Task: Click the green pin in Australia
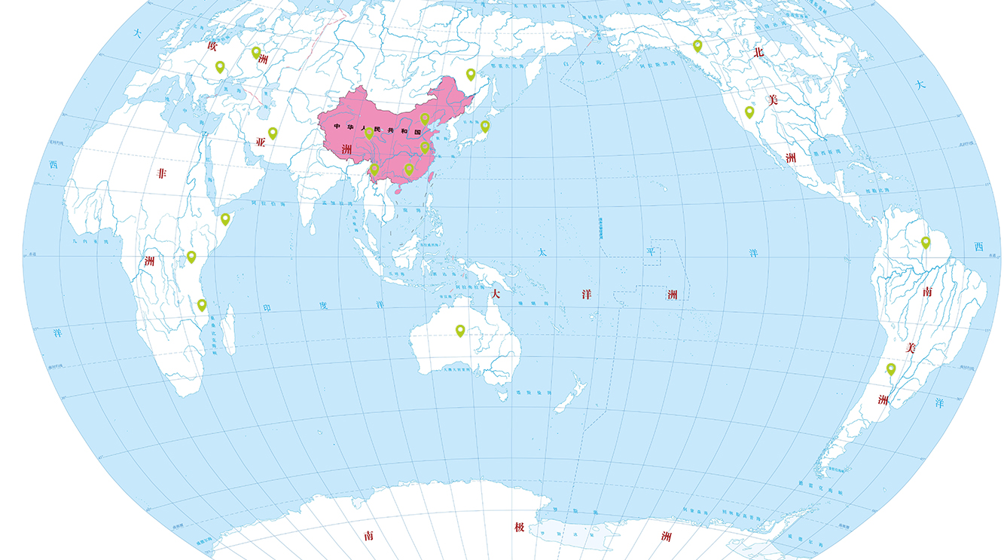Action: (460, 330)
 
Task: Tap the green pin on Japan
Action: (485, 126)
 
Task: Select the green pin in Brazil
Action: (926, 243)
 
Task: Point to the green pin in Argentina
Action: (891, 369)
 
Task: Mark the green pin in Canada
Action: (697, 45)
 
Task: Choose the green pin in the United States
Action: (749, 112)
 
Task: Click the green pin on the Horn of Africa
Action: (225, 219)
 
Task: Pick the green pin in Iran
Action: (273, 133)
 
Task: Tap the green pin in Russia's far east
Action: (471, 75)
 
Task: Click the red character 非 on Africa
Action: (160, 173)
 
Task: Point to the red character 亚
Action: (261, 142)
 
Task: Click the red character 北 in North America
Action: (759, 52)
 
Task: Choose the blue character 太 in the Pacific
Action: (542, 253)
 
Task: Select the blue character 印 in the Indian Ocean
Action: (266, 308)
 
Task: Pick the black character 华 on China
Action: (350, 127)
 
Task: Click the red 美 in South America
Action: (910, 347)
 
